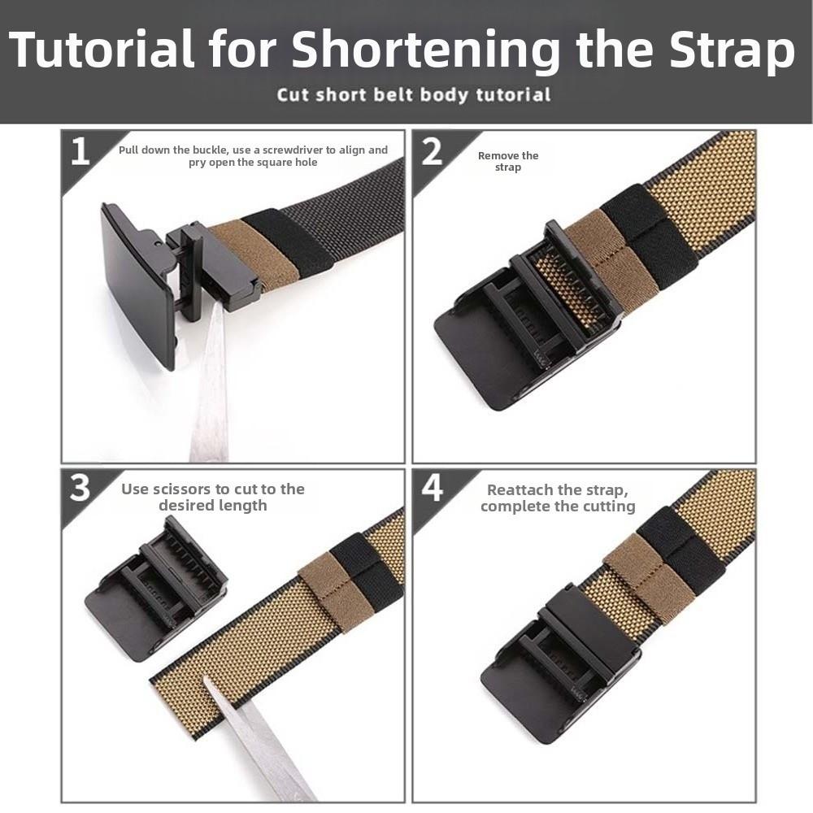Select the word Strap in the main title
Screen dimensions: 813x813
point(732,50)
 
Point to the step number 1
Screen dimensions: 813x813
point(80,151)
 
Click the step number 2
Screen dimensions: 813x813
point(432,151)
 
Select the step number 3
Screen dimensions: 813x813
point(80,488)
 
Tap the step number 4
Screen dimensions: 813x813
point(432,488)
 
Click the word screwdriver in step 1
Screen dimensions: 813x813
point(319,150)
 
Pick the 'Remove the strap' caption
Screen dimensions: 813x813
point(508,161)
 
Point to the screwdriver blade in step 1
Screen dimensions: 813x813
point(210,382)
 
